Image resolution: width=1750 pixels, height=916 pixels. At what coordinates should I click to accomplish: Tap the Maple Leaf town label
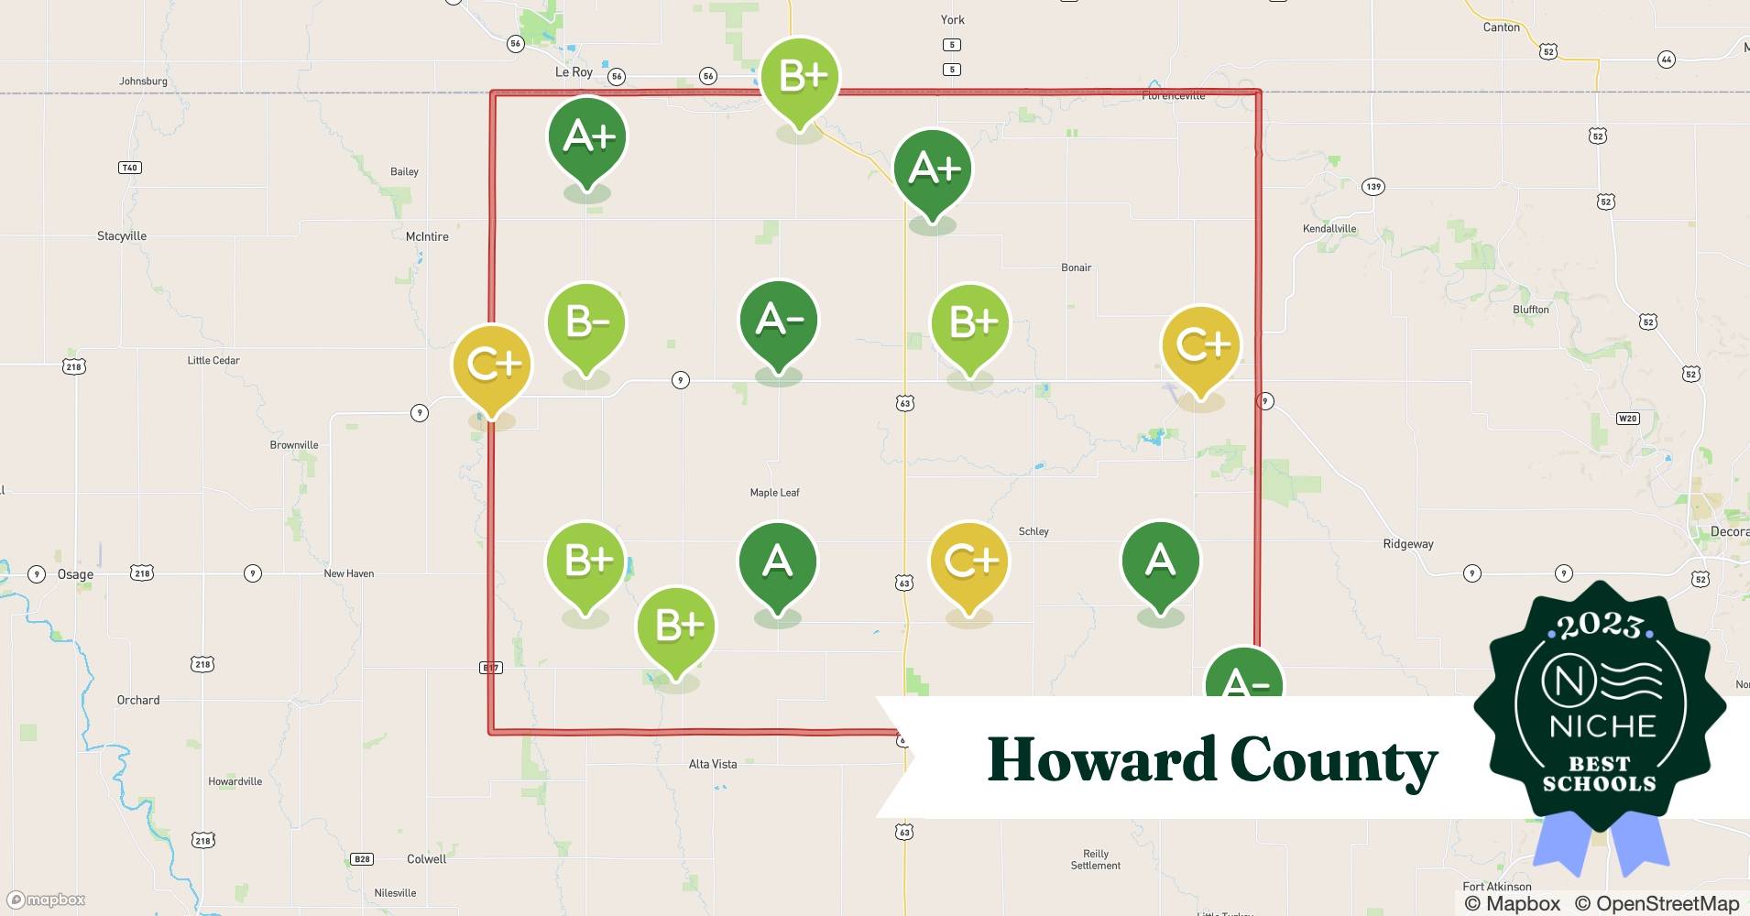[774, 493]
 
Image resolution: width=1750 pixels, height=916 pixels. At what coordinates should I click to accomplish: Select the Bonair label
[1076, 267]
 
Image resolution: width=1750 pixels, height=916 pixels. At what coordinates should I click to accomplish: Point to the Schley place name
[1034, 531]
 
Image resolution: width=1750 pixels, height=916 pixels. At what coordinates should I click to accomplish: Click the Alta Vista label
[712, 764]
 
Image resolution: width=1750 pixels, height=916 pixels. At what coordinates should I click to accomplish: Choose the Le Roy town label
[574, 72]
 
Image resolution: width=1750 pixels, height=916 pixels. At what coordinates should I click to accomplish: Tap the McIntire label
[427, 236]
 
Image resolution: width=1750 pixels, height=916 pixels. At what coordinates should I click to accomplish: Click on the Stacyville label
[122, 236]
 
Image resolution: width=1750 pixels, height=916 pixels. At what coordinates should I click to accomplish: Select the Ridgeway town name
[1407, 544]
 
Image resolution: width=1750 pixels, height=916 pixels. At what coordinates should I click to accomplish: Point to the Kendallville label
[1329, 229]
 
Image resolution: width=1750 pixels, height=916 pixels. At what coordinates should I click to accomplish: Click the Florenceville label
[1173, 96]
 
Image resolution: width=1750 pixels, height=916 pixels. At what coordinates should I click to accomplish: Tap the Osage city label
[75, 575]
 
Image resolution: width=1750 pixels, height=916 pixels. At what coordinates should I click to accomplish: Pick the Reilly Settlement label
[1095, 859]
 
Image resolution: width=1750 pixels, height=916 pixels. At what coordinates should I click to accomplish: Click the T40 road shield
[129, 168]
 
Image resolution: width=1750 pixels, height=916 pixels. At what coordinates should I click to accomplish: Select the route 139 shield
[1373, 187]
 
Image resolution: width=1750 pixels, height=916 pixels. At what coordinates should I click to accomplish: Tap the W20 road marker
[1627, 419]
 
